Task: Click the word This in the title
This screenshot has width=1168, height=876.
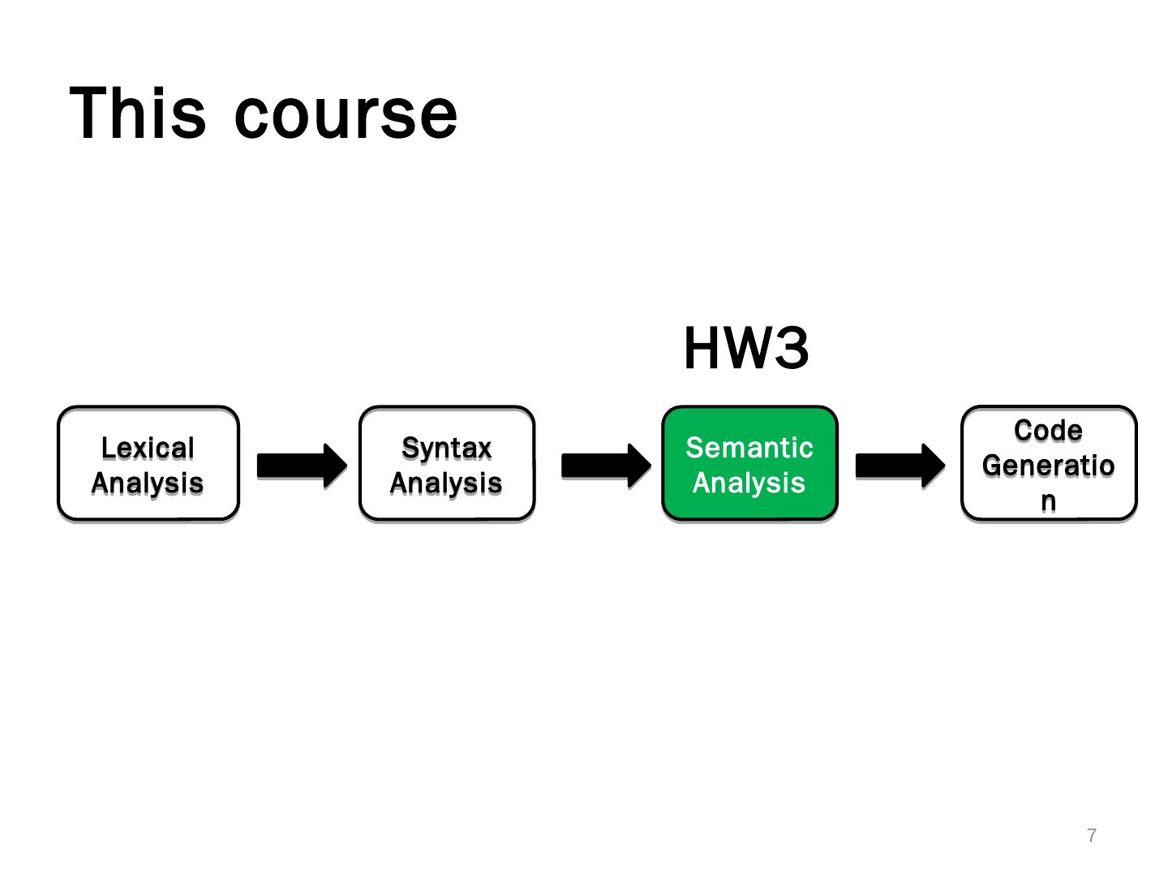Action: pyautogui.click(x=138, y=113)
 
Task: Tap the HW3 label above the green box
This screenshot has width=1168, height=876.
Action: pyautogui.click(x=746, y=349)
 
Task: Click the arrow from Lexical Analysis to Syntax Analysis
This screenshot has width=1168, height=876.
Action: pyautogui.click(x=301, y=466)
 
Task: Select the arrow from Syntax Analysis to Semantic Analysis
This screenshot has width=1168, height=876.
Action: pyautogui.click(x=605, y=466)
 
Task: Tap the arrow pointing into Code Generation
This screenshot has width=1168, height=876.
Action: pyautogui.click(x=900, y=466)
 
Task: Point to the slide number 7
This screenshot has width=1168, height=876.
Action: pyautogui.click(x=1092, y=835)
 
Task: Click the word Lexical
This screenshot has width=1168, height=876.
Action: pyautogui.click(x=148, y=448)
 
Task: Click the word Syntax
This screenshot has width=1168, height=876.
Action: pyautogui.click(x=447, y=448)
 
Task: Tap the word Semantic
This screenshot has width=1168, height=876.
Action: pyautogui.click(x=749, y=448)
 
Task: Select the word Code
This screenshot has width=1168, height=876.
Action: pyautogui.click(x=1048, y=431)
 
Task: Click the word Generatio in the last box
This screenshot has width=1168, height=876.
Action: pyautogui.click(x=1048, y=466)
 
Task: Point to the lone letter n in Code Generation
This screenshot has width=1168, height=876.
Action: pyautogui.click(x=1048, y=500)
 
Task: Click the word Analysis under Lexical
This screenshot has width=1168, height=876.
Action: pyautogui.click(x=148, y=483)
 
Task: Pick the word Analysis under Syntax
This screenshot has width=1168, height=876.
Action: pyautogui.click(x=447, y=483)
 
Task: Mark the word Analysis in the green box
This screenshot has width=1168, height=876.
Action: pyautogui.click(x=749, y=483)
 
